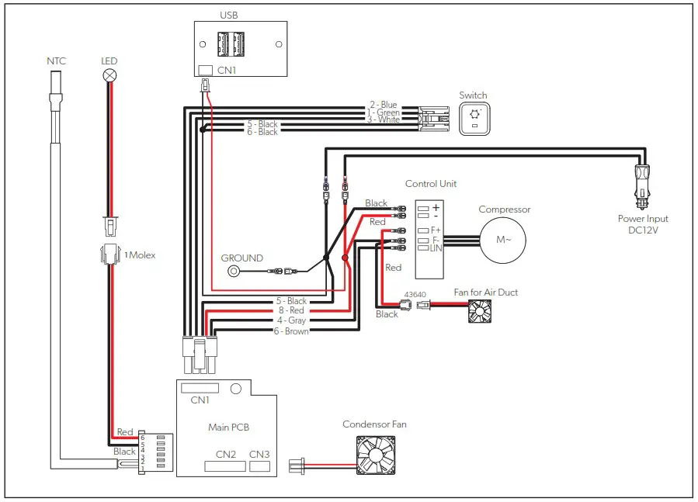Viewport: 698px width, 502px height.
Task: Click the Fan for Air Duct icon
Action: click(x=481, y=311)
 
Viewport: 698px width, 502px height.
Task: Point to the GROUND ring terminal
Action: click(x=232, y=272)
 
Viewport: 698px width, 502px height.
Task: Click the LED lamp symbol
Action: click(x=110, y=76)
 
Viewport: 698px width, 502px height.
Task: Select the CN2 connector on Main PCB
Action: click(x=225, y=467)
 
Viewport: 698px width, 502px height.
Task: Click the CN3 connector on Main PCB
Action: click(x=259, y=466)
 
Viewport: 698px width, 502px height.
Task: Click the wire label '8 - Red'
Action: click(x=292, y=310)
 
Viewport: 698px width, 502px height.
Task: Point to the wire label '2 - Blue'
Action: click(x=383, y=105)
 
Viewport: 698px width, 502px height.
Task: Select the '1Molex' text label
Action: click(x=141, y=254)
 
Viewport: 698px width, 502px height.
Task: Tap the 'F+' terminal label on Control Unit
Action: click(x=435, y=230)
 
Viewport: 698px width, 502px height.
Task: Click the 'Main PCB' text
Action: click(x=228, y=427)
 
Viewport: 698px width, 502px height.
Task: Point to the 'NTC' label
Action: click(x=57, y=60)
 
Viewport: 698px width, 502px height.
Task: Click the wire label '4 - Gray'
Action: click(x=291, y=320)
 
